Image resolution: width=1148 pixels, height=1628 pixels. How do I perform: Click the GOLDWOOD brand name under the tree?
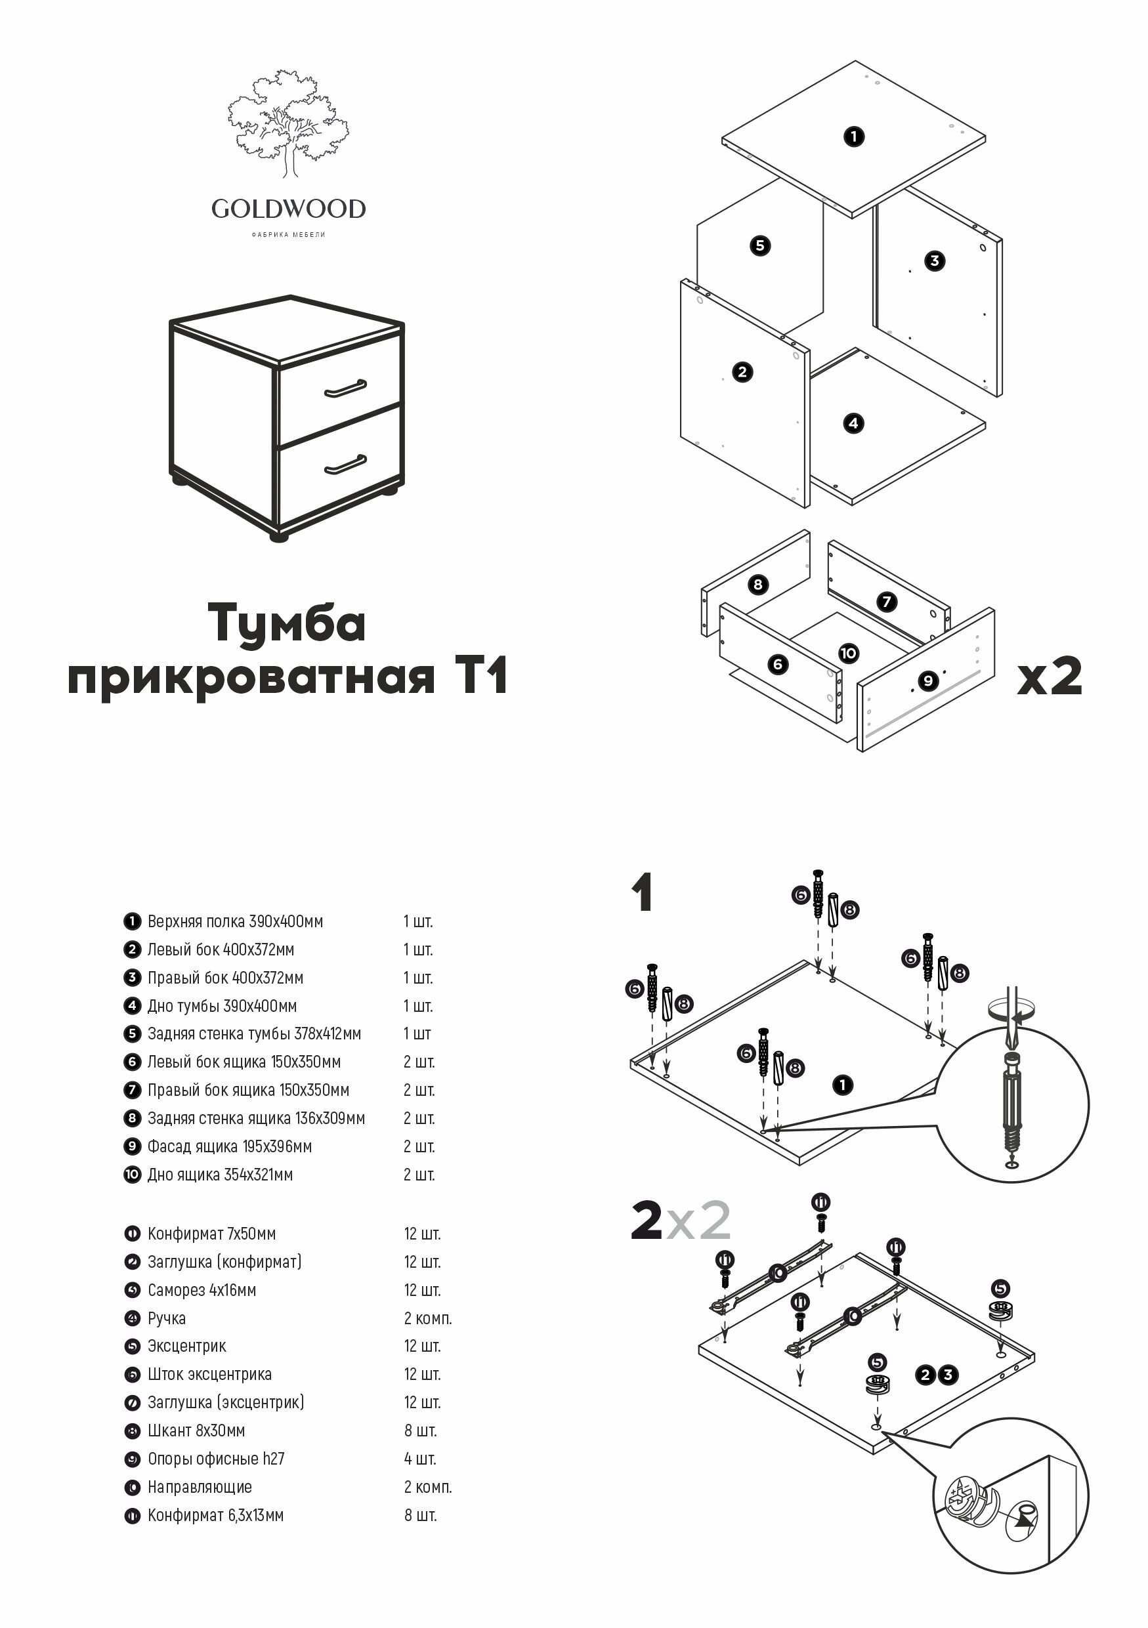[x=288, y=209]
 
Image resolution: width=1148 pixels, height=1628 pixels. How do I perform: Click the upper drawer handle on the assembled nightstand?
[x=345, y=388]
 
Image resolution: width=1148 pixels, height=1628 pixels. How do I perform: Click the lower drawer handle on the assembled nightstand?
[x=345, y=465]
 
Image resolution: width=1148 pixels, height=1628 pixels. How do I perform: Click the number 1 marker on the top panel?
[x=854, y=136]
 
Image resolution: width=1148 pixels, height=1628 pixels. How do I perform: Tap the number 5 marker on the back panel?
[x=760, y=246]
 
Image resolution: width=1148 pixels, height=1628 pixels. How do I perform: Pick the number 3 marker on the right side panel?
[x=934, y=261]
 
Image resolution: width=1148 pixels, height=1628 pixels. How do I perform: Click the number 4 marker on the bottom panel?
[x=853, y=423]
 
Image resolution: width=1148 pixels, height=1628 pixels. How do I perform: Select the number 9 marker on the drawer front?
[x=927, y=680]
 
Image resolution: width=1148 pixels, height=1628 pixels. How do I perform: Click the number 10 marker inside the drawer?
[x=848, y=653]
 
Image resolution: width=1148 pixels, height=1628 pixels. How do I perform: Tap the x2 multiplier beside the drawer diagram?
[x=1049, y=677]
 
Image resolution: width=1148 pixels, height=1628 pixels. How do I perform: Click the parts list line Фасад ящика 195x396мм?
[x=229, y=1146]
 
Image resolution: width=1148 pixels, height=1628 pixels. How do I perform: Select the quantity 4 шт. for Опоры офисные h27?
[x=420, y=1459]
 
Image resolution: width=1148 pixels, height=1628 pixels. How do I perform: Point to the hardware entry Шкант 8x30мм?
[x=196, y=1430]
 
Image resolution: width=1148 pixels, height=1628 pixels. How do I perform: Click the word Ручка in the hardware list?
[x=167, y=1318]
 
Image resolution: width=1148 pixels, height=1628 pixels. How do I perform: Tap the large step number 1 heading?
[x=643, y=894]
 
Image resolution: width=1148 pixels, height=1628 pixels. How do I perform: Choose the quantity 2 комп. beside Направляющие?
[x=427, y=1487]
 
